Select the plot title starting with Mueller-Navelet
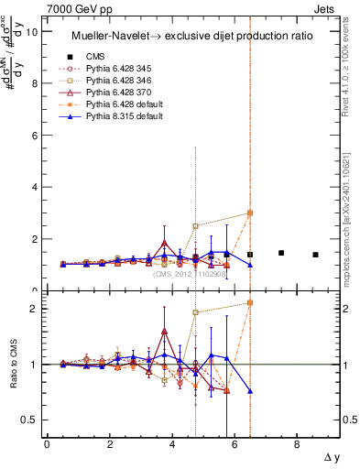click(x=193, y=35)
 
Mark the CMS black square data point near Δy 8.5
click(x=315, y=255)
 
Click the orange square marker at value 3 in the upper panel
click(x=250, y=213)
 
